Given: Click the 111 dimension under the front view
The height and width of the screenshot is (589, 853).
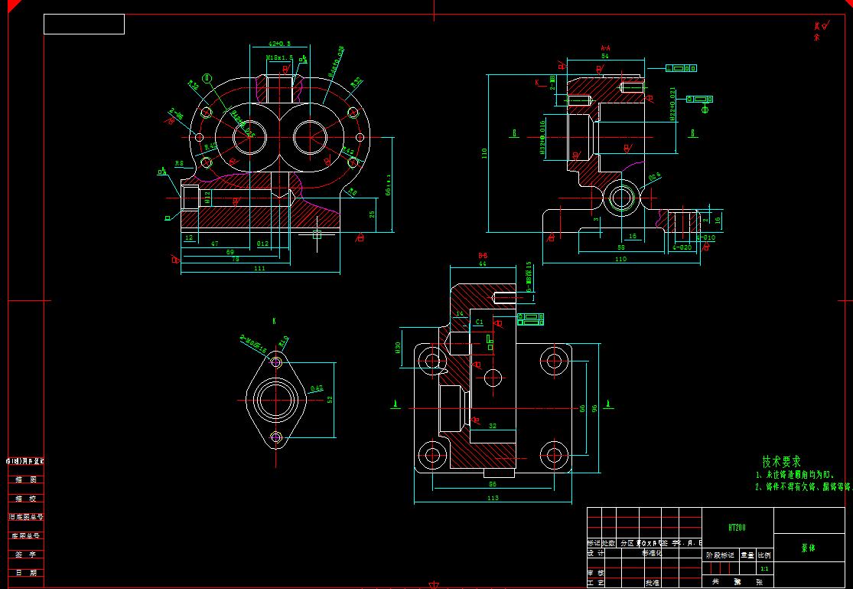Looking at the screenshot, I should [x=259, y=268].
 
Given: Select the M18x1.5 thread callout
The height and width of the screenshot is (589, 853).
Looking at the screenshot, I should [x=278, y=57].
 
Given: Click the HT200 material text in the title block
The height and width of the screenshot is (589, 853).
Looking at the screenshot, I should [x=737, y=528].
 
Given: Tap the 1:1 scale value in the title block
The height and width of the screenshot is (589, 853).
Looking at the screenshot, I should [x=763, y=569].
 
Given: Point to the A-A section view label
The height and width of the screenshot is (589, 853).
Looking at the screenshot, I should [x=604, y=47].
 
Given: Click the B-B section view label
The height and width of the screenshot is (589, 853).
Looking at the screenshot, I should [x=483, y=255].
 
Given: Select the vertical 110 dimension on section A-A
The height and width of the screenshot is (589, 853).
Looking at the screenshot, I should [x=483, y=153].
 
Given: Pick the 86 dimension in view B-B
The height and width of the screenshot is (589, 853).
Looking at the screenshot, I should [x=492, y=484].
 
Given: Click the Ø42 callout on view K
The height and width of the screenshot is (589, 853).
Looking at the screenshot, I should [x=317, y=388].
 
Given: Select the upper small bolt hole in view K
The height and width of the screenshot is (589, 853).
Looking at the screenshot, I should [x=277, y=361].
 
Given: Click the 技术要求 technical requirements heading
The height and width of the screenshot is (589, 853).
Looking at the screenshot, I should [x=781, y=462].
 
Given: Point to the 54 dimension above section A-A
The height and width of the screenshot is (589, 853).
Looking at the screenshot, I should [x=604, y=56].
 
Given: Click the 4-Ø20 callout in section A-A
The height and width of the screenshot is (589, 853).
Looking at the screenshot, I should [x=681, y=247].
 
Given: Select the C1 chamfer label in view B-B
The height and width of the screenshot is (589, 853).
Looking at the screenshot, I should [x=479, y=322].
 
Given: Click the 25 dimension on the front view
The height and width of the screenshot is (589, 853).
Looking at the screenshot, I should [x=372, y=214].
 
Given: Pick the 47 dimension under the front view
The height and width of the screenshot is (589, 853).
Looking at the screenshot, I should [x=215, y=243].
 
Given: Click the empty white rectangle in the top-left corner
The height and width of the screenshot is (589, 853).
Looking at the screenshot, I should [x=84, y=25].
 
